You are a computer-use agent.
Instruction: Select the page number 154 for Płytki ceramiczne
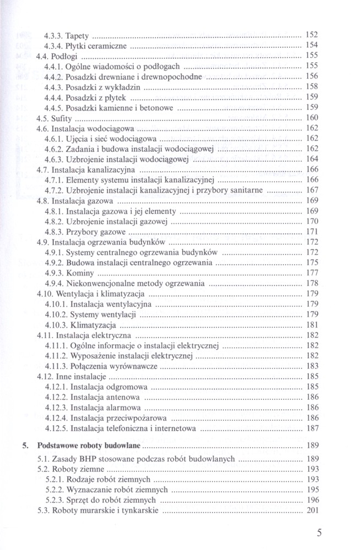312,45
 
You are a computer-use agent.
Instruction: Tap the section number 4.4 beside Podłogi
42,56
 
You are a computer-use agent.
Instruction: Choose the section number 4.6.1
55,138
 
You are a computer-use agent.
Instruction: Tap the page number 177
312,273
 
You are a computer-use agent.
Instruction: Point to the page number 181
312,324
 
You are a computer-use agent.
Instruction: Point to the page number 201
312,511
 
